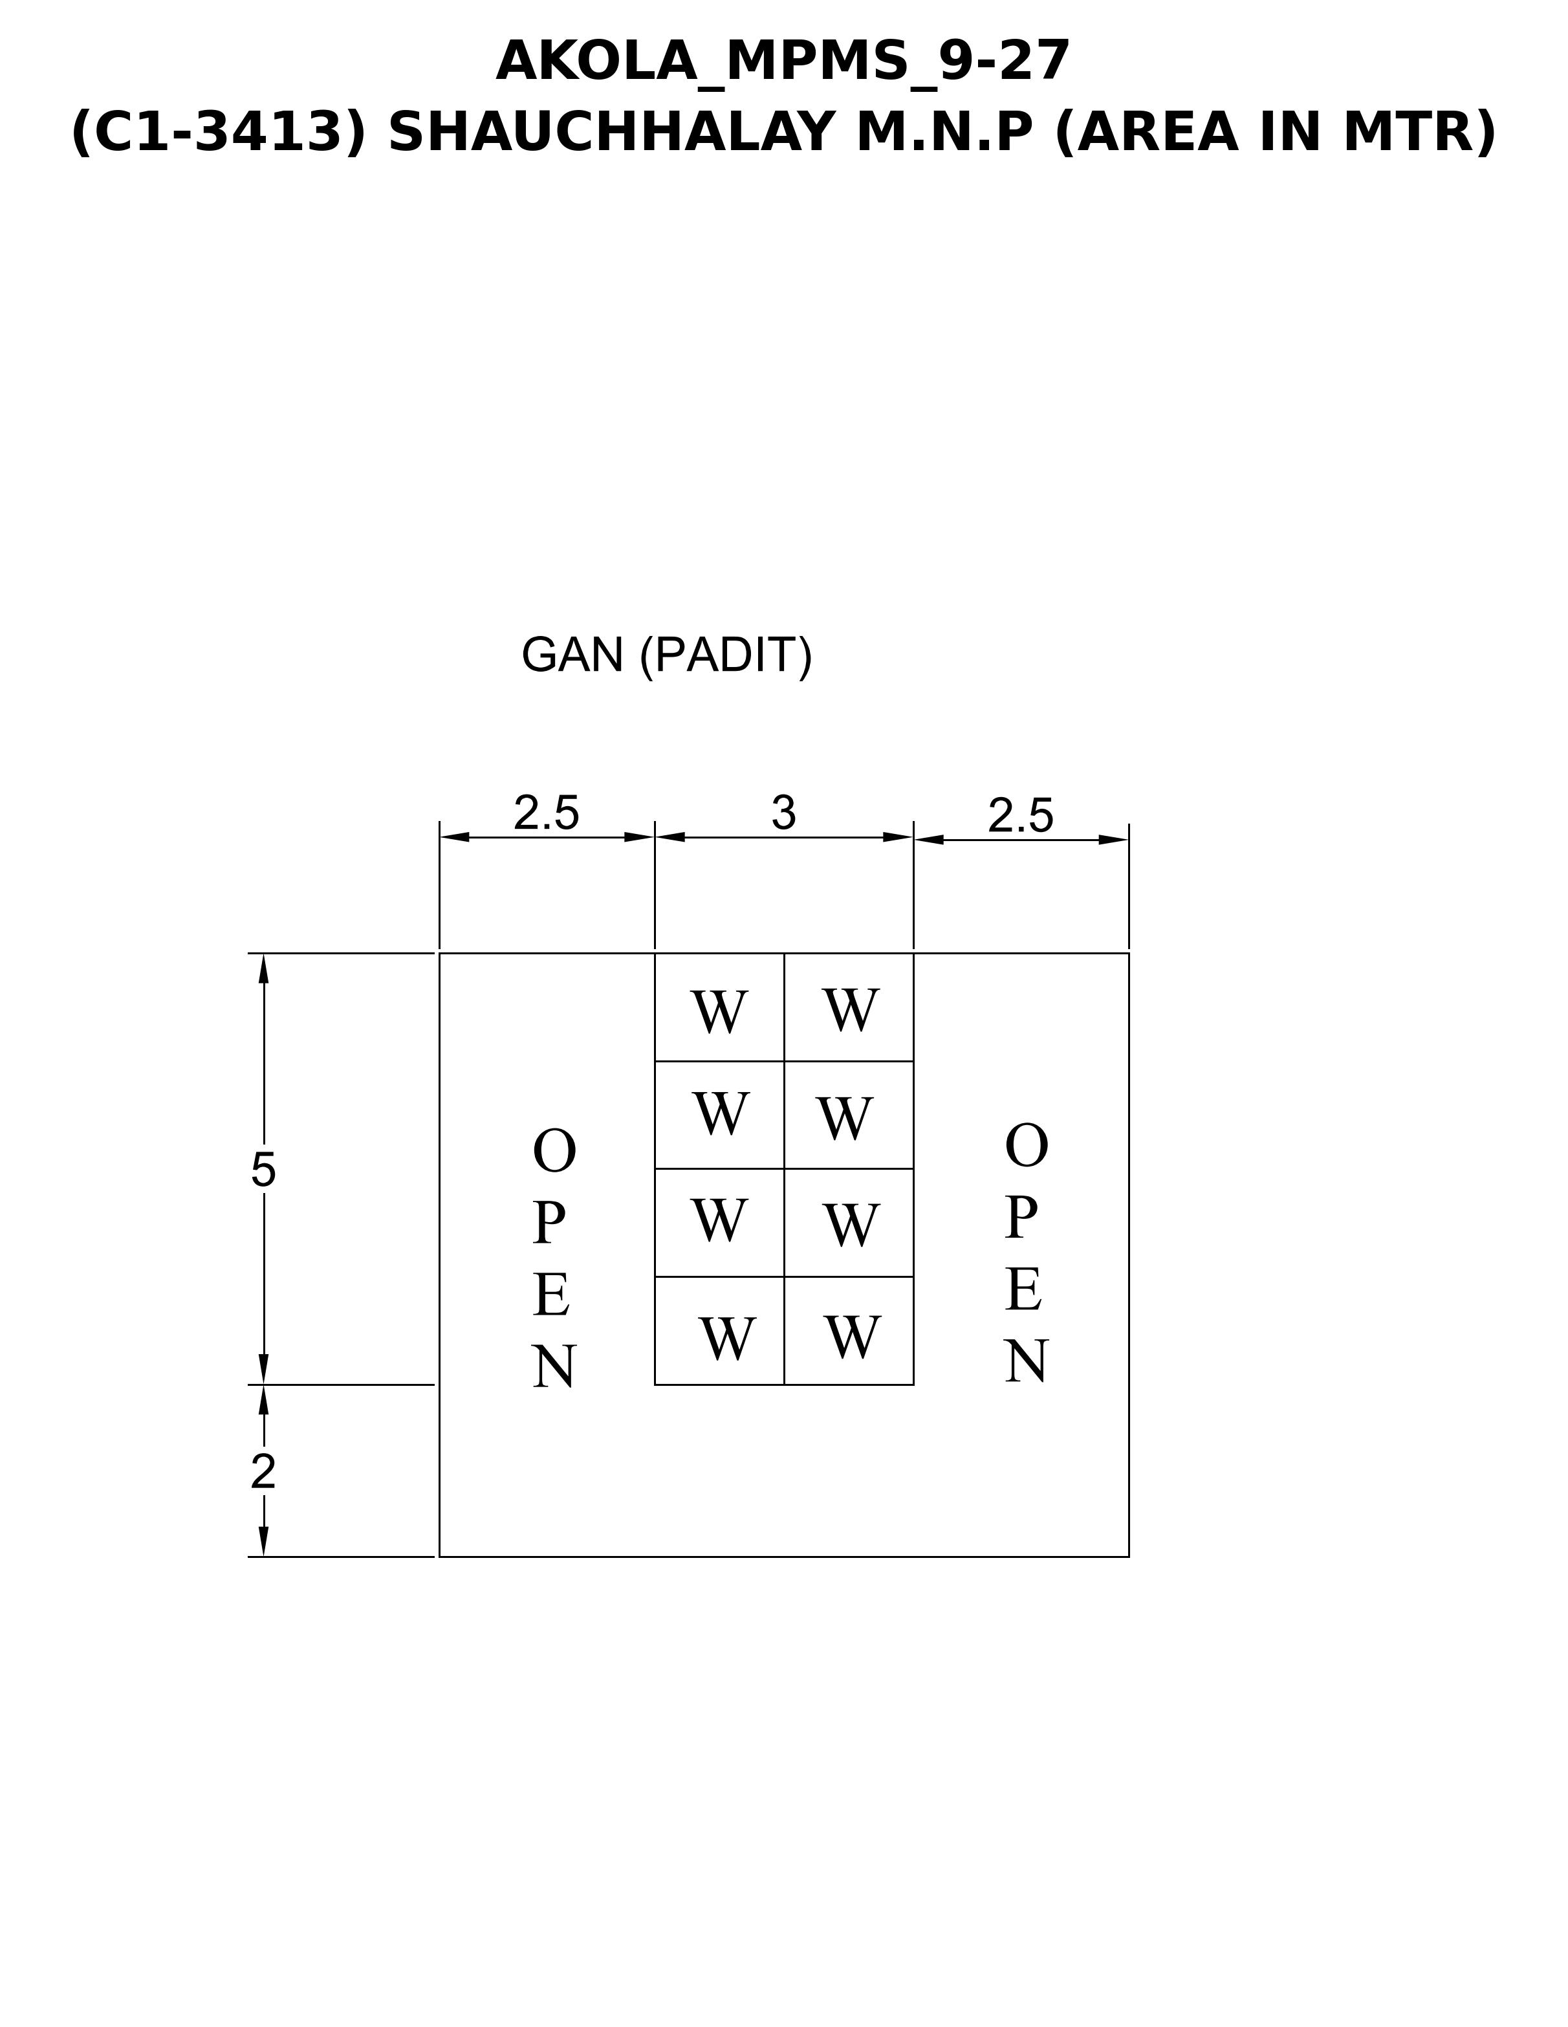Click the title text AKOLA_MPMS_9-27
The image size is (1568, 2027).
pyautogui.click(x=783, y=61)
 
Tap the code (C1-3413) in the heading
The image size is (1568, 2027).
pyautogui.click(x=218, y=132)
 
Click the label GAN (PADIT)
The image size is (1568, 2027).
pyautogui.click(x=666, y=656)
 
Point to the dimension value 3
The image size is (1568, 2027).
pyautogui.click(x=784, y=813)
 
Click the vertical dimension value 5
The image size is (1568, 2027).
pyautogui.click(x=263, y=1170)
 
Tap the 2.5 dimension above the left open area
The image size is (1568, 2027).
pyautogui.click(x=547, y=813)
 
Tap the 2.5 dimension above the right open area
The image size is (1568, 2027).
pyautogui.click(x=1021, y=816)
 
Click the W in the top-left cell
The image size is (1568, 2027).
pyautogui.click(x=719, y=1012)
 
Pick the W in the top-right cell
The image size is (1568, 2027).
pyautogui.click(x=851, y=1010)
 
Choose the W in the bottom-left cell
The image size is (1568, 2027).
pyautogui.click(x=728, y=1339)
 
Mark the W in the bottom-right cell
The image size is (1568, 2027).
pyautogui.click(x=853, y=1337)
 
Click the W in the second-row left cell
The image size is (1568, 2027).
pyautogui.click(x=721, y=1113)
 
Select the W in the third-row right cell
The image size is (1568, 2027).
pyautogui.click(x=851, y=1226)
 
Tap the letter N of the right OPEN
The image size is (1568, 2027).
pyautogui.click(x=1026, y=1363)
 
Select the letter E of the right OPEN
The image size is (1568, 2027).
pyautogui.click(x=1023, y=1290)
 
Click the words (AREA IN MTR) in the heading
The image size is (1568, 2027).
pyautogui.click(x=1276, y=132)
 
